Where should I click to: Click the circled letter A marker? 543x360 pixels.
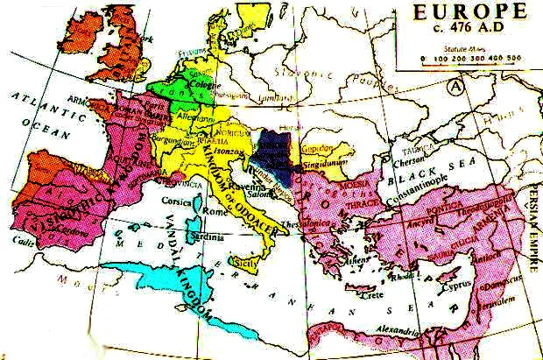pos(455,86)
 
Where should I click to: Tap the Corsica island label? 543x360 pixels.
pos(179,200)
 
